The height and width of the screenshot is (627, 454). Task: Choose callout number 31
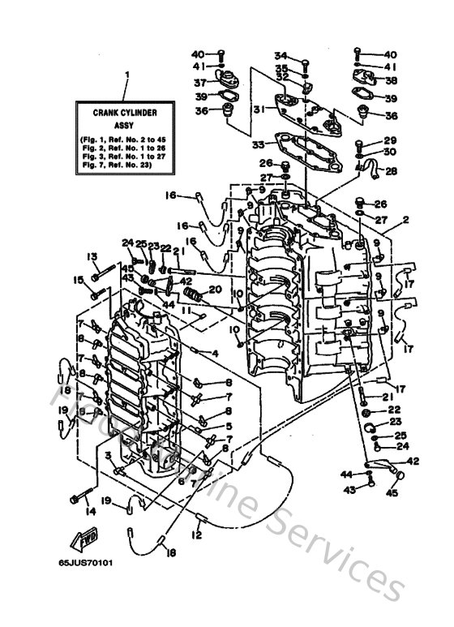pos(258,110)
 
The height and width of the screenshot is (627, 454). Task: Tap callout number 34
pos(281,55)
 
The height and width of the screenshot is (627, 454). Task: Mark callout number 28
pos(392,171)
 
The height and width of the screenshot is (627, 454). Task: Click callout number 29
pos(390,141)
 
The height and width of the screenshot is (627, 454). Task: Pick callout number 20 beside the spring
pos(215,290)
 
